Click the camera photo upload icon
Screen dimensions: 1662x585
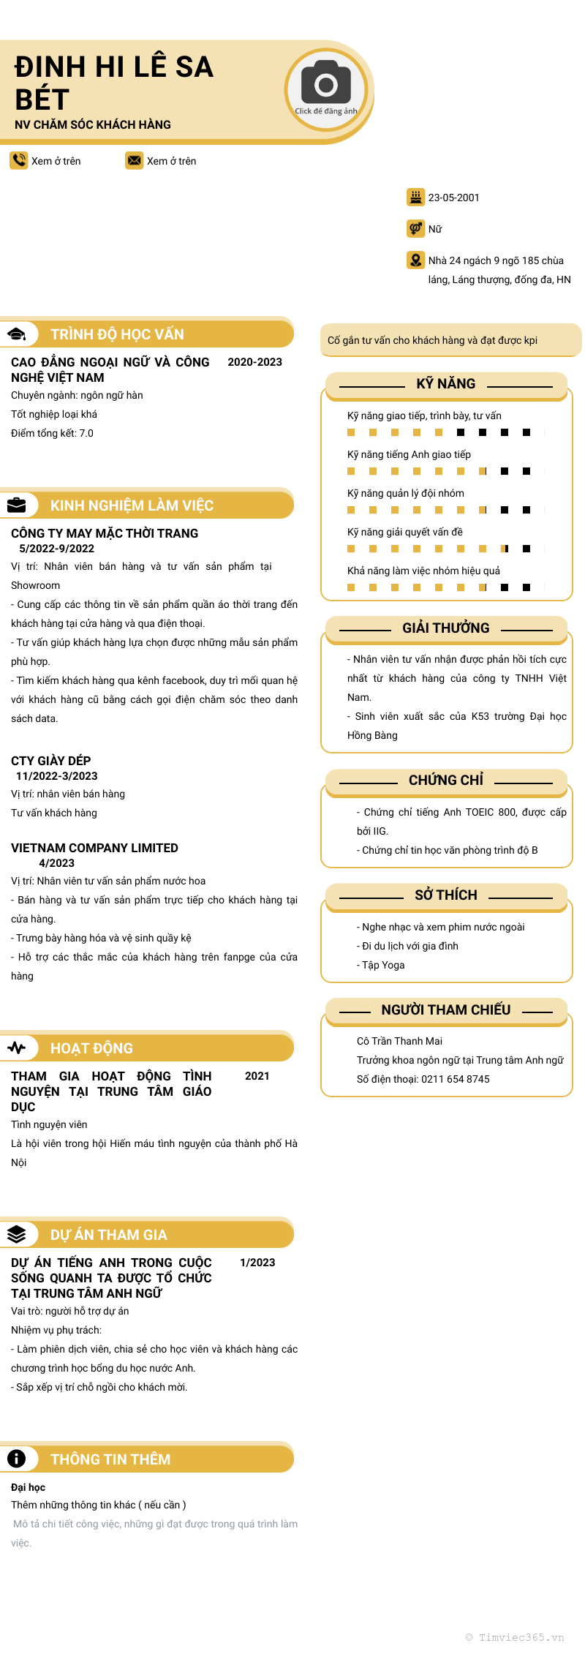point(326,86)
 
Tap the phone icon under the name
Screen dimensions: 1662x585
point(18,160)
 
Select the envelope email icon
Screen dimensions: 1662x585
point(134,160)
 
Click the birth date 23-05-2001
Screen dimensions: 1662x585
point(453,198)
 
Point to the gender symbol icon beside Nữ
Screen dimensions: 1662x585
point(415,228)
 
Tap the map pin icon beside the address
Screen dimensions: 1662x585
point(415,260)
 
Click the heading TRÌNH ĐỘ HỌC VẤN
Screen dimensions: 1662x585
point(117,334)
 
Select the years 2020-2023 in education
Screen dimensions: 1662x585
point(254,362)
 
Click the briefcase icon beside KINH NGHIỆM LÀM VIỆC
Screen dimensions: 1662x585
point(17,505)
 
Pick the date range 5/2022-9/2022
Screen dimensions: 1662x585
point(57,549)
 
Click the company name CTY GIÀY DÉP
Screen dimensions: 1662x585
point(51,761)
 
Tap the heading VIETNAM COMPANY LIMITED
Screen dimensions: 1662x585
point(94,848)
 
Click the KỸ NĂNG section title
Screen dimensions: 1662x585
point(446,384)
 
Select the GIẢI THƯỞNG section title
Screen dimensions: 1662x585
point(446,628)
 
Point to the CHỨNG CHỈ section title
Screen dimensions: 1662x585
point(446,781)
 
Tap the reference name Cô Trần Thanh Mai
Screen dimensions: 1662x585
point(399,1041)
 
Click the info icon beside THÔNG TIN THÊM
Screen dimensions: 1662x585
point(17,1459)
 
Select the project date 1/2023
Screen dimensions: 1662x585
point(257,1263)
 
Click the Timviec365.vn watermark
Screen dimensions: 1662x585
point(515,1637)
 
